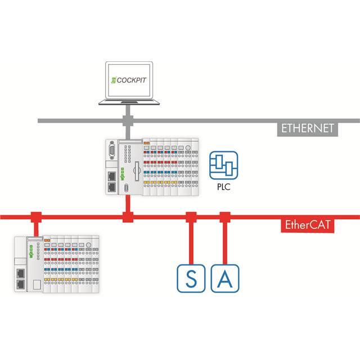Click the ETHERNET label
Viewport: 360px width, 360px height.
(308, 128)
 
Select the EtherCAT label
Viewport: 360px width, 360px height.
(307, 226)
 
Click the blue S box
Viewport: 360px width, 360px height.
(191, 278)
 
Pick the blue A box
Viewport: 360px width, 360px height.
(224, 278)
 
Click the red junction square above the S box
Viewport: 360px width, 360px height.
(191, 216)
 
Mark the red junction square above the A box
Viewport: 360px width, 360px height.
(224, 216)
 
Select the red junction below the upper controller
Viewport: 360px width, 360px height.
(128, 216)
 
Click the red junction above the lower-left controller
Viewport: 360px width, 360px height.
(36, 216)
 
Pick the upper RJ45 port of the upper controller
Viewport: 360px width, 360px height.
(111, 176)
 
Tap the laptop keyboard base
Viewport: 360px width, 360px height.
(127, 102)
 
